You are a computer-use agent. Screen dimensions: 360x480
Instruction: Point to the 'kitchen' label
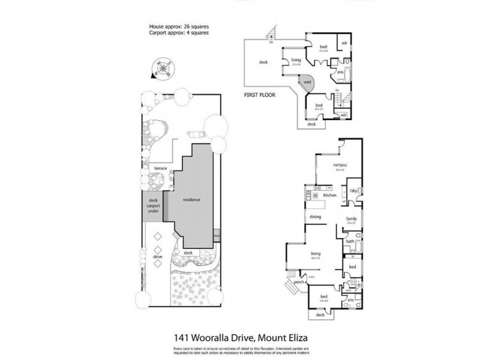329,196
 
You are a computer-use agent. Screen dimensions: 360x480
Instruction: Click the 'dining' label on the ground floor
316,217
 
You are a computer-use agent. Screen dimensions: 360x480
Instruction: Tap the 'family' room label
351,219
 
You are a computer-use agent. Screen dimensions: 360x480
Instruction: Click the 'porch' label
297,282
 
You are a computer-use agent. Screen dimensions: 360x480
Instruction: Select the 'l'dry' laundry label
353,191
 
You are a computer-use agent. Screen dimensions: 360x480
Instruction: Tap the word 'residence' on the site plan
191,200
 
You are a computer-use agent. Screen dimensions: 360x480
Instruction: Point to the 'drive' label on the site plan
158,256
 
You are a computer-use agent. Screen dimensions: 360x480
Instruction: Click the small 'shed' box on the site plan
216,236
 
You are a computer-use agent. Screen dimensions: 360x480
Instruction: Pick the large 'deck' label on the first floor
263,62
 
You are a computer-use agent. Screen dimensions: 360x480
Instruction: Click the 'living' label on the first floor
296,60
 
